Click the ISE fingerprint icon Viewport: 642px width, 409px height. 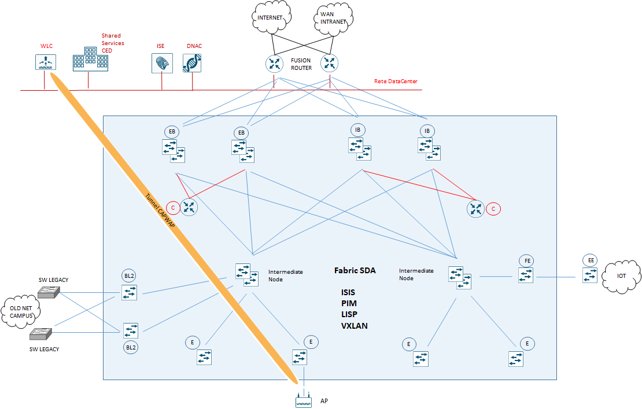click(x=161, y=63)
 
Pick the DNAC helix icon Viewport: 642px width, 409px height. click(x=192, y=63)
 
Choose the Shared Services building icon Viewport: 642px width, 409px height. click(x=90, y=59)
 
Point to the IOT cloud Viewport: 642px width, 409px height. click(x=621, y=276)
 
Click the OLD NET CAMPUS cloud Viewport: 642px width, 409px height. click(x=21, y=312)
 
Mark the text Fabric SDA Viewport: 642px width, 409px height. click(x=355, y=270)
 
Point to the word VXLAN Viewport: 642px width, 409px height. click(x=355, y=326)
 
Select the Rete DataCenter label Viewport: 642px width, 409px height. click(x=396, y=81)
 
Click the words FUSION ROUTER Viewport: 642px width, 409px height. click(x=301, y=64)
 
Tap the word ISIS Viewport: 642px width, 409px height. click(x=348, y=292)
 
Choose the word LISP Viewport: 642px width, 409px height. click(x=349, y=314)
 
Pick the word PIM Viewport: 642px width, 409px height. click(x=349, y=303)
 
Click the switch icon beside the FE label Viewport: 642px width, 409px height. click(x=526, y=276)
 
